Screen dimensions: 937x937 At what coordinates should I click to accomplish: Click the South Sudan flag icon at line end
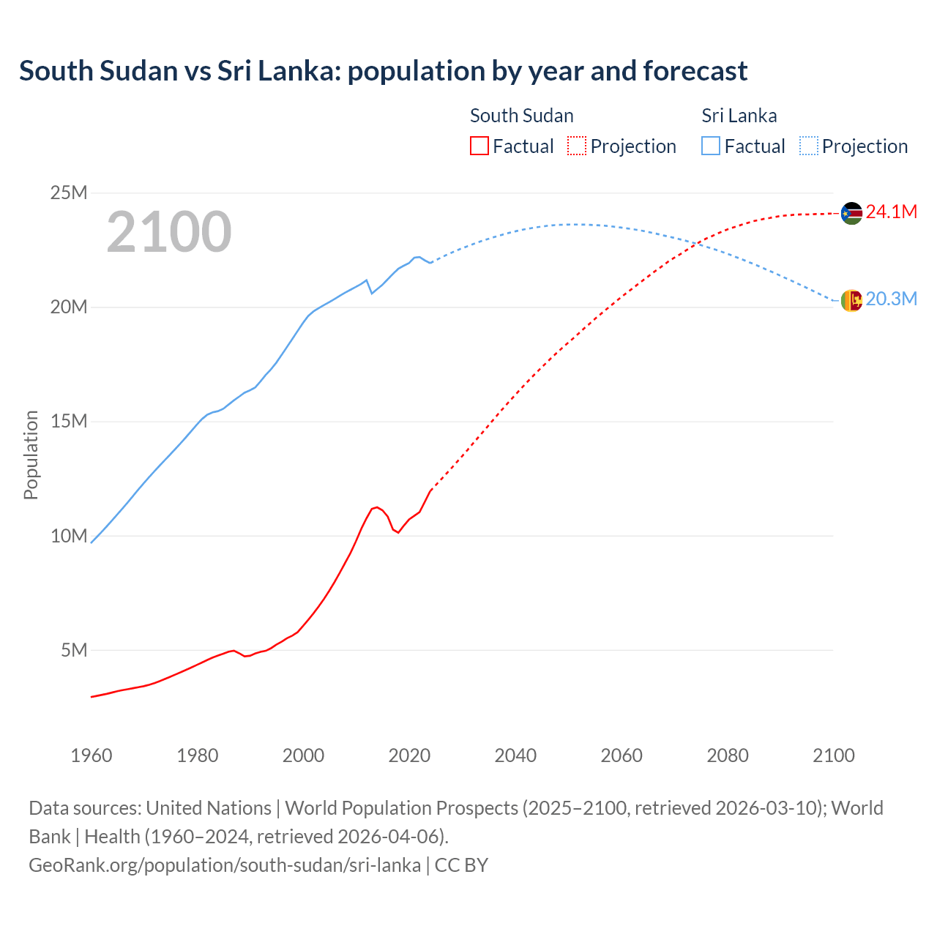[x=851, y=213]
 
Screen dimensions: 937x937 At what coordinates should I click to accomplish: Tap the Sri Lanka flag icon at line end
[x=851, y=300]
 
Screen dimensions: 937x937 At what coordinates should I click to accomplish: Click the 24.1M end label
[x=891, y=212]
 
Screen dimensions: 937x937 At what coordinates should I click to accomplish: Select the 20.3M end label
[x=891, y=299]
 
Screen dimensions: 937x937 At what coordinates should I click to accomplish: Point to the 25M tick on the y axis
[x=69, y=193]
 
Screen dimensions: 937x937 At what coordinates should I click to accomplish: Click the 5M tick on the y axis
[x=74, y=650]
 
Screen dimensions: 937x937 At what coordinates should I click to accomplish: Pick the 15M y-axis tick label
[x=69, y=422]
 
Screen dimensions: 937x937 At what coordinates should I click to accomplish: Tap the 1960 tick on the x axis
[x=92, y=755]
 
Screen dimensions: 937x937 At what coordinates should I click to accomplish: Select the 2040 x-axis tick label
[x=515, y=755]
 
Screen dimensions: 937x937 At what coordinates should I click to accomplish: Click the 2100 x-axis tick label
[x=833, y=755]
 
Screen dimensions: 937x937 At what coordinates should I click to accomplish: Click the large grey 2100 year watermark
[x=169, y=232]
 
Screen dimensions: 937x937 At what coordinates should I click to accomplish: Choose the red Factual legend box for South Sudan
[x=479, y=146]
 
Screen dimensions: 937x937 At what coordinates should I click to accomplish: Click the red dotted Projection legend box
[x=577, y=146]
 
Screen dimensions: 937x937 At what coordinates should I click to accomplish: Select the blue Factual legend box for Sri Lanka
[x=711, y=146]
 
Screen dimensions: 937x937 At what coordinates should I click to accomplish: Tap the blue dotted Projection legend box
[x=808, y=146]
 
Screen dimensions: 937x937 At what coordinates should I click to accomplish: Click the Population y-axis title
[x=31, y=455]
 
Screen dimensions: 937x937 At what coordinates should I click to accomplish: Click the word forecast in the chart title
[x=695, y=71]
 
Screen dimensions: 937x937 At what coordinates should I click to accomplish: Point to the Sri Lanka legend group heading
[x=739, y=116]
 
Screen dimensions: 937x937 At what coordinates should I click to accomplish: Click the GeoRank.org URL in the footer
[x=225, y=865]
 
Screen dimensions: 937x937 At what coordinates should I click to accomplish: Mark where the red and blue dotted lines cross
[x=698, y=243]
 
